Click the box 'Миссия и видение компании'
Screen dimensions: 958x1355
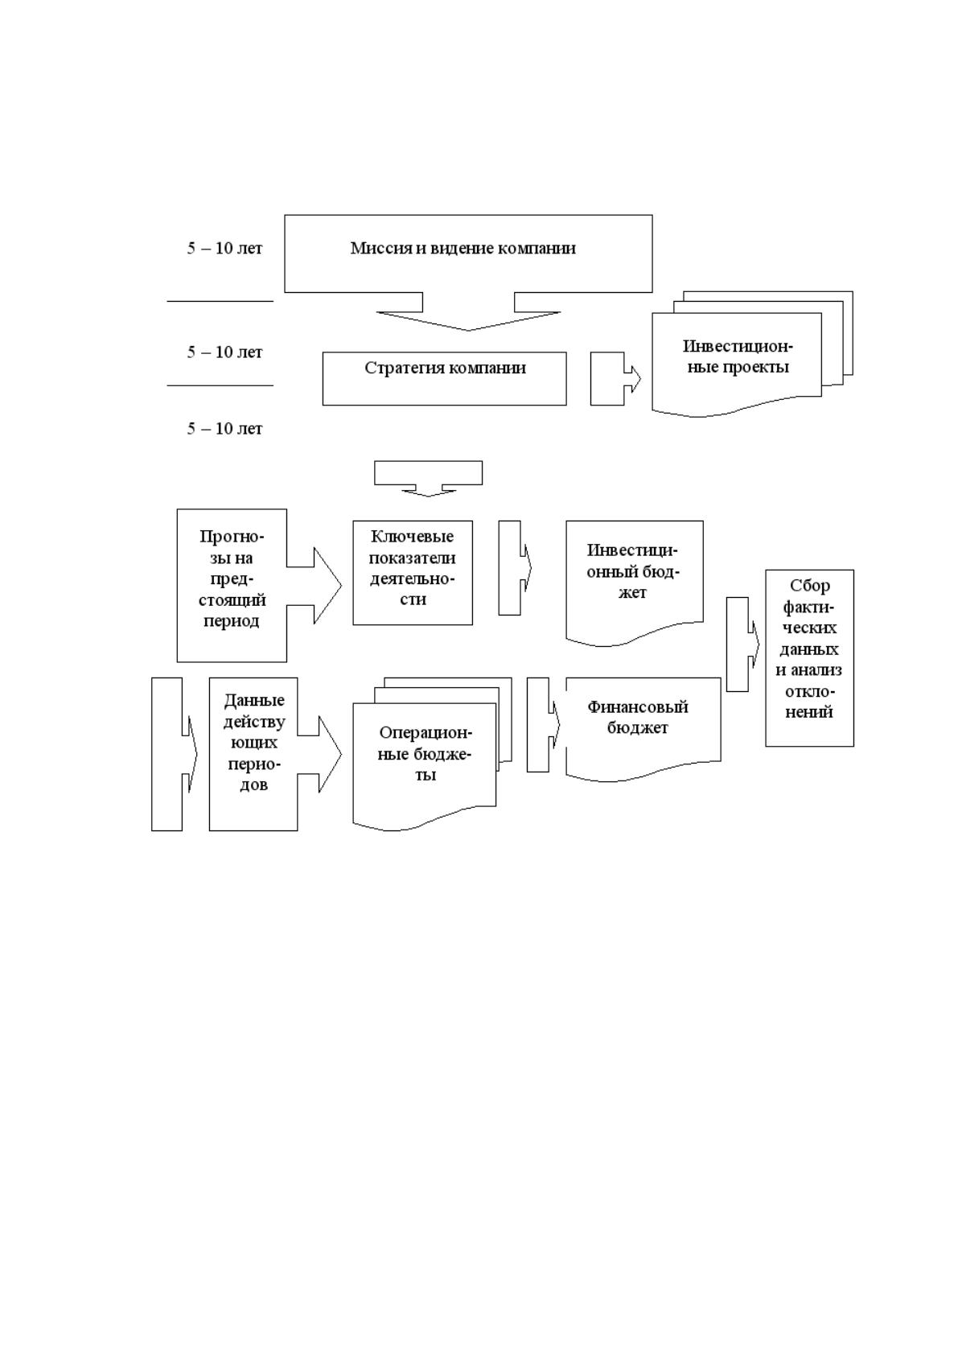pyautogui.click(x=468, y=253)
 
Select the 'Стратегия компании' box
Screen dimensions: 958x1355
pyautogui.click(x=445, y=379)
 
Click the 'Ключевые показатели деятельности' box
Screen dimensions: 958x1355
pyautogui.click(x=413, y=572)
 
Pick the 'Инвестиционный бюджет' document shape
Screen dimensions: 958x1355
pyautogui.click(x=635, y=581)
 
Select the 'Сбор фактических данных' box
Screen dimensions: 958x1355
pyautogui.click(x=809, y=657)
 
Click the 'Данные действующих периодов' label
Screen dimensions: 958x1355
pyautogui.click(x=254, y=742)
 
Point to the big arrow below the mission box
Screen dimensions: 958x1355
pyautogui.click(x=468, y=311)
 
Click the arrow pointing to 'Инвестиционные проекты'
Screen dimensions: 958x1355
pyautogui.click(x=615, y=379)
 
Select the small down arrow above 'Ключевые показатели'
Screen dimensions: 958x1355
pyautogui.click(x=428, y=479)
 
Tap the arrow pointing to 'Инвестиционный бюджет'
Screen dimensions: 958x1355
pyautogui.click(x=515, y=567)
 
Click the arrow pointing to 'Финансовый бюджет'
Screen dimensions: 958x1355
pyautogui.click(x=543, y=724)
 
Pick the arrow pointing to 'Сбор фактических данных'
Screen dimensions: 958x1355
pyautogui.click(x=742, y=645)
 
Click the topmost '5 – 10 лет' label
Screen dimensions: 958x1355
pyautogui.click(x=224, y=248)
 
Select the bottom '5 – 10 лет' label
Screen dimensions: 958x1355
pyautogui.click(x=224, y=428)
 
